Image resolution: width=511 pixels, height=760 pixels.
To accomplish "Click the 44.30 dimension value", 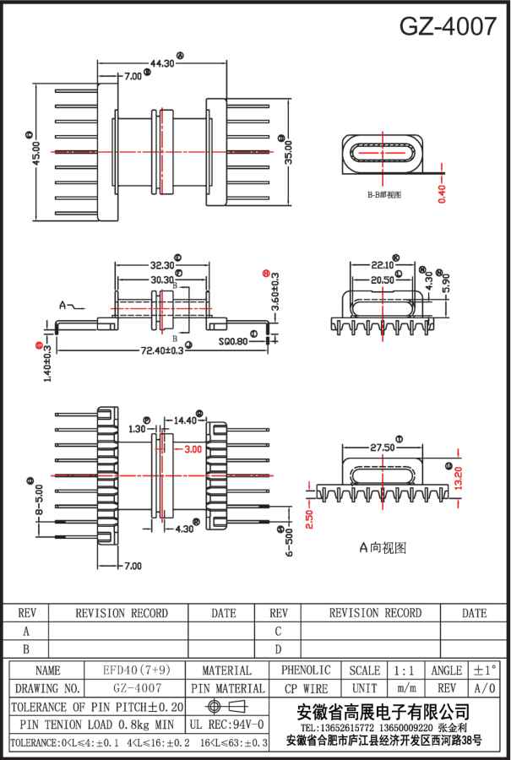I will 162,62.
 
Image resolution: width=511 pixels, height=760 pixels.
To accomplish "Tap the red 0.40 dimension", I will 442,190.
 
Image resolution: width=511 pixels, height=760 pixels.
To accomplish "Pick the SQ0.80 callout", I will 234,342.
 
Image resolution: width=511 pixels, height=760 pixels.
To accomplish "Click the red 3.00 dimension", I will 193,449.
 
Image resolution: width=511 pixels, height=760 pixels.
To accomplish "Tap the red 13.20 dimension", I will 459,478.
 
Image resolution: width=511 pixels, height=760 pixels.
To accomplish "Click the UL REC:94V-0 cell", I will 226,725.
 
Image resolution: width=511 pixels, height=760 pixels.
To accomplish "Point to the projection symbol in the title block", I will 226,706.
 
